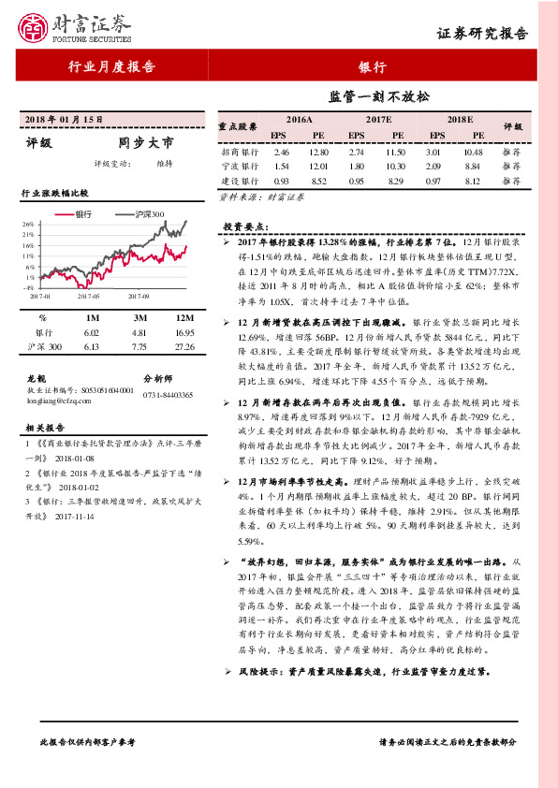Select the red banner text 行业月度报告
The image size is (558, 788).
pos(112,66)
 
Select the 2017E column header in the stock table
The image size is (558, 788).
pos(378,121)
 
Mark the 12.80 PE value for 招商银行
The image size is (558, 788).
pos(318,151)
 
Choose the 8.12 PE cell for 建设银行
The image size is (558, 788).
pos(472,181)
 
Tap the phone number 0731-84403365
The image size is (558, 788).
pos(169,396)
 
